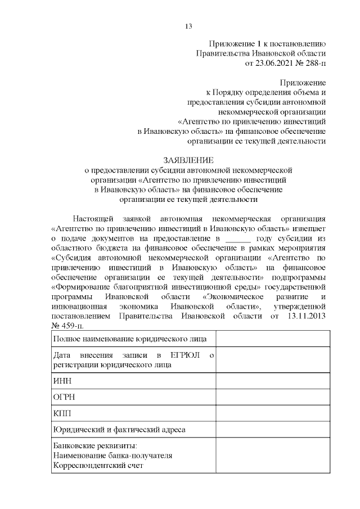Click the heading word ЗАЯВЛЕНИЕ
click(x=188, y=160)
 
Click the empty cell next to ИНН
click(x=273, y=381)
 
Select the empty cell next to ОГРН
click(x=273, y=397)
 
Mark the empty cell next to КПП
click(x=273, y=413)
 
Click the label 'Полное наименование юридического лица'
click(x=129, y=339)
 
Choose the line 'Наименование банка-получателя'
click(x=112, y=456)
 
